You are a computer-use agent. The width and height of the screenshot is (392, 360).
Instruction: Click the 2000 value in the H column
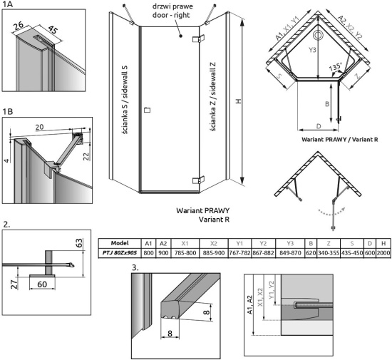[x=383, y=253]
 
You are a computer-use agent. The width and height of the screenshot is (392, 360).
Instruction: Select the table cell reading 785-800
[x=185, y=253]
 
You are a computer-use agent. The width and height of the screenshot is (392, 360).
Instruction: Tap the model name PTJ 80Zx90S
[x=120, y=253]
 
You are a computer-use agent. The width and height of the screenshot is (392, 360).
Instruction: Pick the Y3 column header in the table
[x=290, y=243]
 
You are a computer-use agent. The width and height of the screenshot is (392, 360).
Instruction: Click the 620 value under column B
[x=311, y=253]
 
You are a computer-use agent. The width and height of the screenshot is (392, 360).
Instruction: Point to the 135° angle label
[x=335, y=67]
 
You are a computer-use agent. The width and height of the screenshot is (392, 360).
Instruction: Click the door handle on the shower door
[x=148, y=110]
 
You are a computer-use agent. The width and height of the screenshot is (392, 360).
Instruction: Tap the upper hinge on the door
[x=199, y=38]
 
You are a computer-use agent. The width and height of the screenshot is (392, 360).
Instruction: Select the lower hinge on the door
[x=199, y=180]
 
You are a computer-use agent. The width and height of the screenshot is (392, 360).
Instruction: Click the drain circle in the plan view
[x=318, y=35]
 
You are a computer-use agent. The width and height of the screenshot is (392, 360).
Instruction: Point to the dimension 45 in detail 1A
[x=53, y=30]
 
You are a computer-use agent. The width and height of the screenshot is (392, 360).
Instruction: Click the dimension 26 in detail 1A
[x=19, y=26]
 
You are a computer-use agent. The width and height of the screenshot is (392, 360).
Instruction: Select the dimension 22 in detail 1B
[x=86, y=157]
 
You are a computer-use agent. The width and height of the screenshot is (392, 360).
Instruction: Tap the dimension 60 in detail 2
[x=42, y=284]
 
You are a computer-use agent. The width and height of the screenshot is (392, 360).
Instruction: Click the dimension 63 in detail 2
[x=78, y=243]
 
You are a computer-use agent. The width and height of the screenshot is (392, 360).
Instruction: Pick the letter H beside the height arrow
[x=239, y=101]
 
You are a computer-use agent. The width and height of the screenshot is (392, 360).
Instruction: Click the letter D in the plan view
[x=319, y=126]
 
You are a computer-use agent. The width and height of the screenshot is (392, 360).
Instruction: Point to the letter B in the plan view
[x=327, y=104]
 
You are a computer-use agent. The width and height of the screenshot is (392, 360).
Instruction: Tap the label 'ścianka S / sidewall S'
[x=125, y=100]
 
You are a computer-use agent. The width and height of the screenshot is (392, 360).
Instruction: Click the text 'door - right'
[x=171, y=15]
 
